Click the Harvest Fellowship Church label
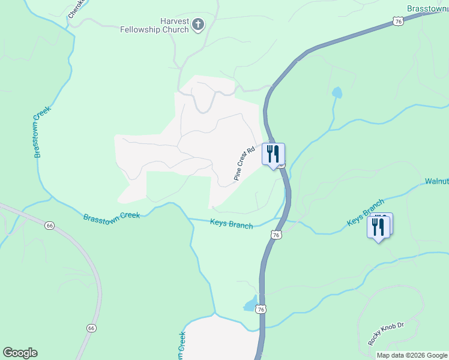(154, 25)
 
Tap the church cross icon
(199, 25)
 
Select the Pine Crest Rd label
(245, 163)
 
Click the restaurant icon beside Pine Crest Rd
(274, 154)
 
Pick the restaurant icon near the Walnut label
(378, 227)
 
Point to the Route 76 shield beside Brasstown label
(399, 21)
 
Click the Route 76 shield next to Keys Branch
(276, 235)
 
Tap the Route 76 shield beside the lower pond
(260, 309)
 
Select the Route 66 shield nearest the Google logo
(91, 328)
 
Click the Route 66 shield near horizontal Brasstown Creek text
(49, 226)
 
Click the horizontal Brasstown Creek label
(112, 215)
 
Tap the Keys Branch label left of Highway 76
(231, 223)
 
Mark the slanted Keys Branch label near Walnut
(365, 213)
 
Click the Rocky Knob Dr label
(386, 334)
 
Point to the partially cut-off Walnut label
(436, 181)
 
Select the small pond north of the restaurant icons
(337, 93)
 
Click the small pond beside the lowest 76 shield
(250, 304)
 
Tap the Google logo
(20, 353)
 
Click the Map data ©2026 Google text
(412, 355)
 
